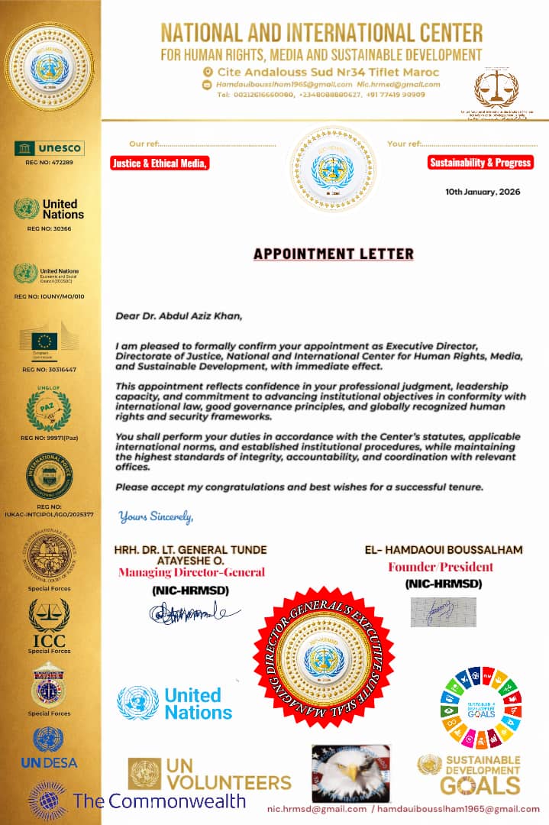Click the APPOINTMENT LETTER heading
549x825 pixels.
(x=333, y=254)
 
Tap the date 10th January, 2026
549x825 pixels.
(x=483, y=192)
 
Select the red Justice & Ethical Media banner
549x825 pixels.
(x=159, y=163)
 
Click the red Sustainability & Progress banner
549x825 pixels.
(x=480, y=162)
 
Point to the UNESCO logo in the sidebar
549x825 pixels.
(x=50, y=147)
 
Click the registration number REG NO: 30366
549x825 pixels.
(x=49, y=228)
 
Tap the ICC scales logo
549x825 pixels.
(x=49, y=622)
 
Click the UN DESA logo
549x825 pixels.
(x=49, y=748)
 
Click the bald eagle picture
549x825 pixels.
(x=350, y=773)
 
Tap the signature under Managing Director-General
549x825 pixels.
(x=194, y=612)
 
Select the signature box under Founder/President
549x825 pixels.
(x=443, y=612)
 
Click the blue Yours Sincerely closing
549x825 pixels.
(x=156, y=517)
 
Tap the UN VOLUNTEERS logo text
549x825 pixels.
(x=228, y=775)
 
